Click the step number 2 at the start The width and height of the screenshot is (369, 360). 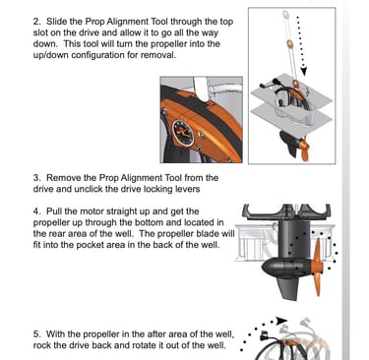point(36,22)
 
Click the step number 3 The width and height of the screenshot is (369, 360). point(36,178)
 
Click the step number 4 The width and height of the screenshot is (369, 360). point(36,211)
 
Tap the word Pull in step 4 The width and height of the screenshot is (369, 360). point(54,211)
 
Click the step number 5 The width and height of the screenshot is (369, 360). point(36,334)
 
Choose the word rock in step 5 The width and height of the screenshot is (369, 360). point(41,345)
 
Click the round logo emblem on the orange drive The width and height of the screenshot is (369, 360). point(183,132)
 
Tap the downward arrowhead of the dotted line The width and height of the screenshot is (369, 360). point(304,71)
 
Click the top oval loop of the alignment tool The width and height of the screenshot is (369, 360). point(286,15)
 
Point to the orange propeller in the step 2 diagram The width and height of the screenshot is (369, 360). point(303,150)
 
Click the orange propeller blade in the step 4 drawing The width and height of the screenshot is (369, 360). point(318,266)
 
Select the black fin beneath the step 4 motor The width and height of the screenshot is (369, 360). point(287,287)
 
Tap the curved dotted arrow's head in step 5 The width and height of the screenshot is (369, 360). point(281,321)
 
